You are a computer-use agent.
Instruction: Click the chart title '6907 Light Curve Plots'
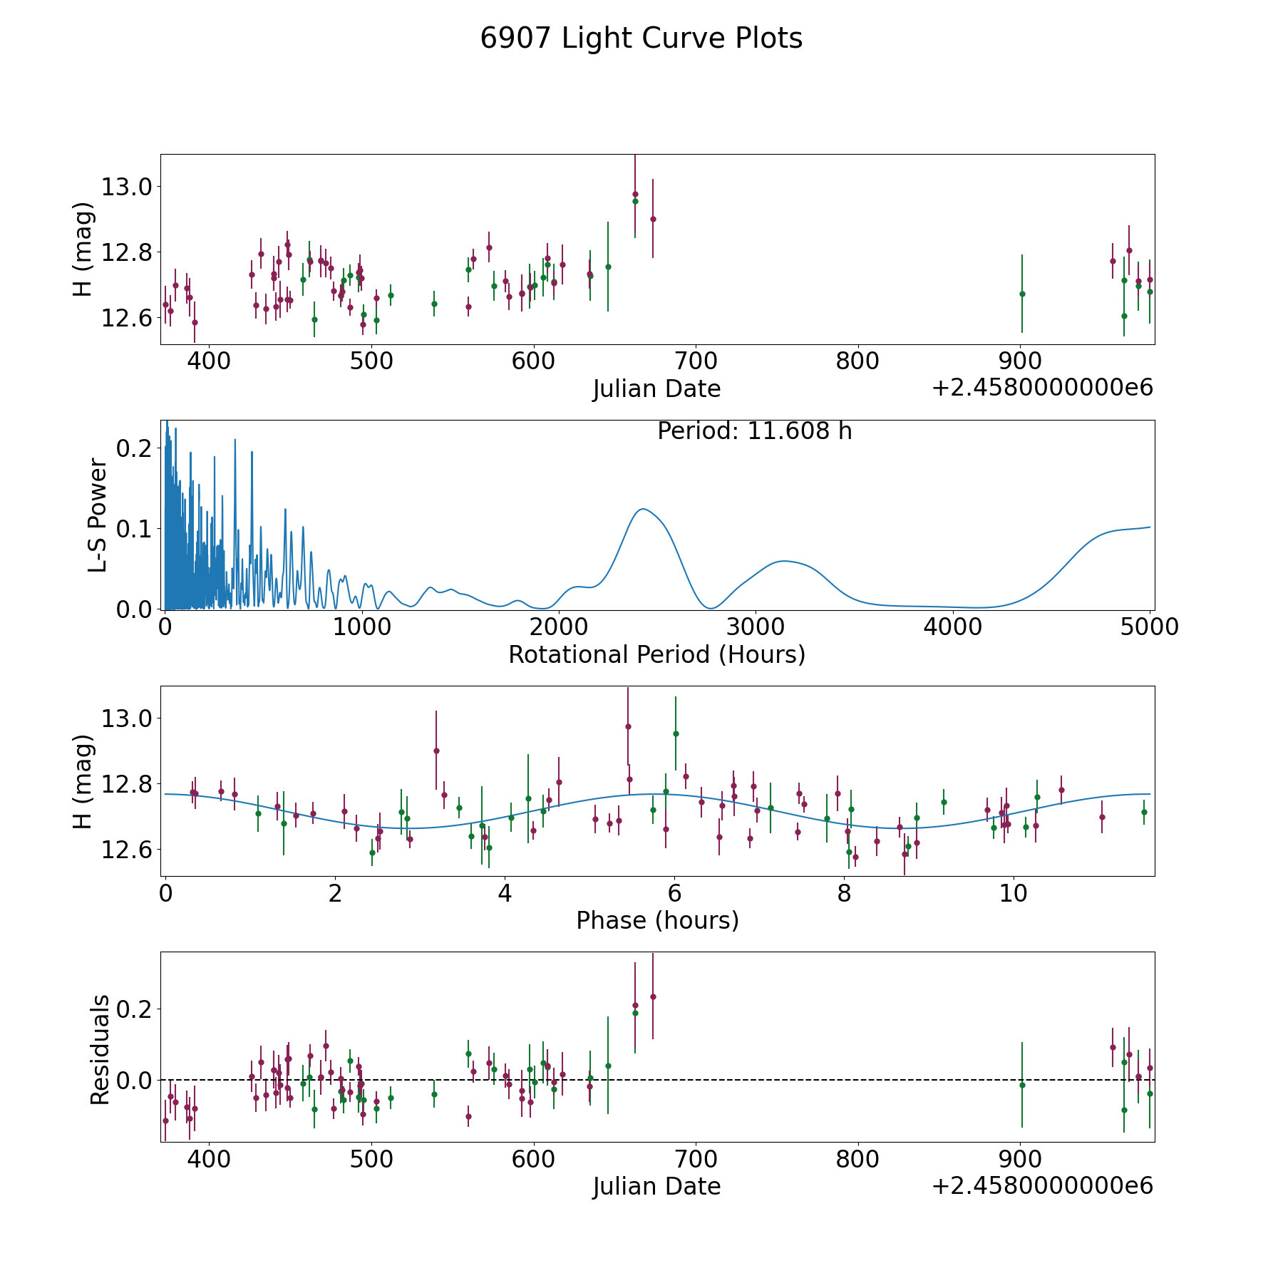641,38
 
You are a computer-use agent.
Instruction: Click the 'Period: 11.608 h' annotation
754,431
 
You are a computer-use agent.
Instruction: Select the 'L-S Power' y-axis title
98,515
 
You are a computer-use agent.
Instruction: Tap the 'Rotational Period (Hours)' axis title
656,654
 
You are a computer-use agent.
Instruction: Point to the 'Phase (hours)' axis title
656,920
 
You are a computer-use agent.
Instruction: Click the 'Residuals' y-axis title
100,1049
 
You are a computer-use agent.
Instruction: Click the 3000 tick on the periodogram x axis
755,627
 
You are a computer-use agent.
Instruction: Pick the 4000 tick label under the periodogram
952,627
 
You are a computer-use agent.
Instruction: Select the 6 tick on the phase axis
674,893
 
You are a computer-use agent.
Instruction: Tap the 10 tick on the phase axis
1013,893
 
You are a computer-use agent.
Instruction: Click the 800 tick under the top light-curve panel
857,361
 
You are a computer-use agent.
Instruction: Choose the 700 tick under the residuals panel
695,1160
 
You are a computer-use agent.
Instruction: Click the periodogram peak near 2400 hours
643,509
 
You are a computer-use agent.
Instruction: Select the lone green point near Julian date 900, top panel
1021,294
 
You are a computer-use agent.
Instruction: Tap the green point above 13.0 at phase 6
676,733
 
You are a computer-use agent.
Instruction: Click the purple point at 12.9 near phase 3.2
436,751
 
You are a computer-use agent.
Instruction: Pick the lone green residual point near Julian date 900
1021,1085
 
